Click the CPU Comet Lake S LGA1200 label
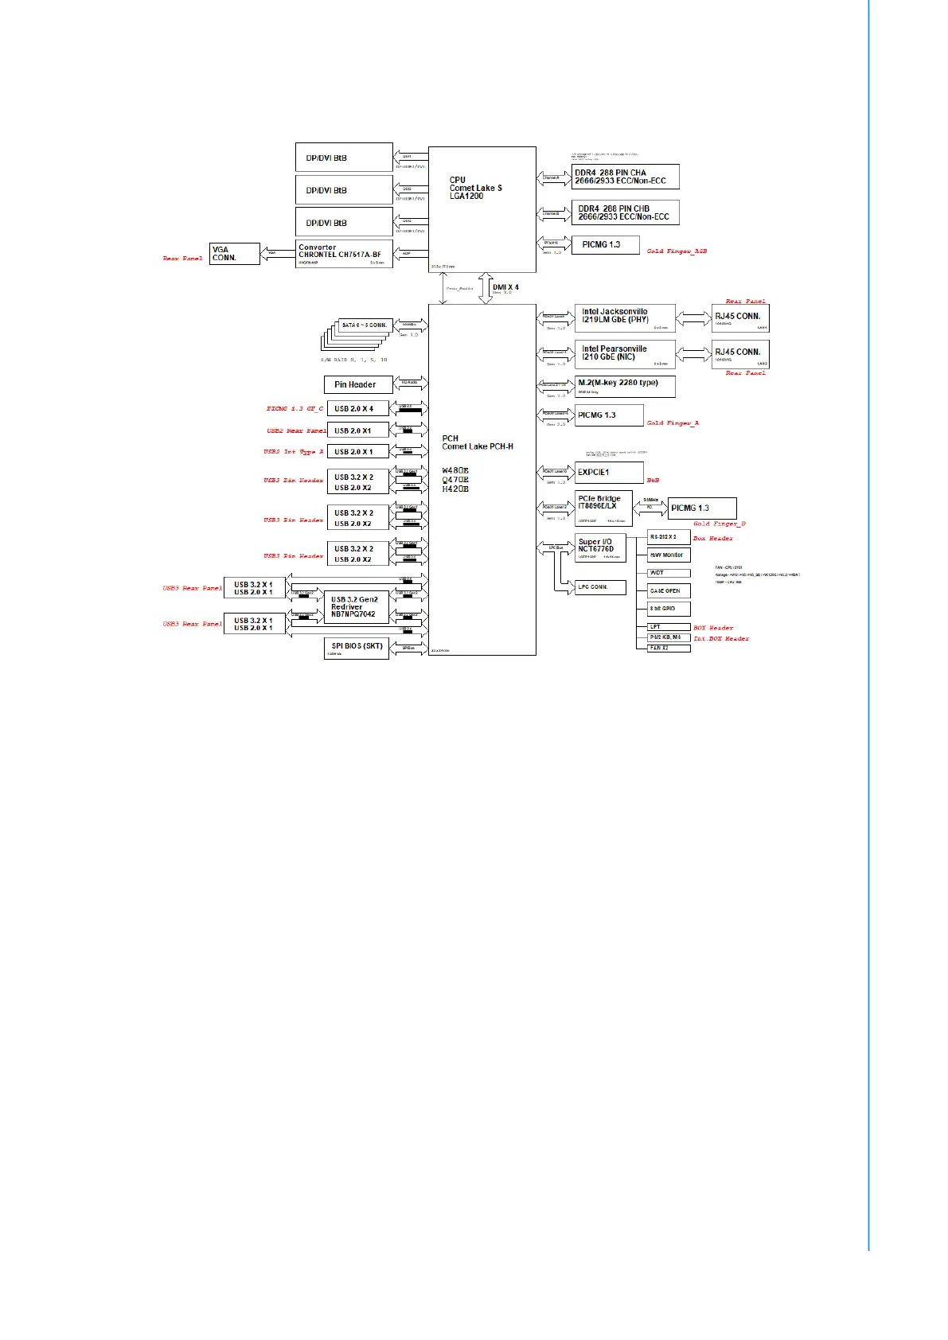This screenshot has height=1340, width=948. click(475, 188)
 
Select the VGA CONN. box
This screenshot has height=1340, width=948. click(235, 254)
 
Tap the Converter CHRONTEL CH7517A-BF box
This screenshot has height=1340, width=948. click(345, 254)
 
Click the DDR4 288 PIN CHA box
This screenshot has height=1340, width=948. click(626, 177)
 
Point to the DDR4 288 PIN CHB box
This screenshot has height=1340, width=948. click(626, 212)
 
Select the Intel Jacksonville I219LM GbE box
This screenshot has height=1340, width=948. click(625, 317)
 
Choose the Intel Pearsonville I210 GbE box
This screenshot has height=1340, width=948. click(625, 354)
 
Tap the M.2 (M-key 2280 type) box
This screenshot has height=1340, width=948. click(625, 386)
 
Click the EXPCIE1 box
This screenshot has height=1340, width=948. click(609, 473)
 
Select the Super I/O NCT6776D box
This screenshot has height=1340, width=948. click(600, 548)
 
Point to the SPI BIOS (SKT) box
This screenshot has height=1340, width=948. click(357, 648)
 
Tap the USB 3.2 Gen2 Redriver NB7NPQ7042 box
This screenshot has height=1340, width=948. click(357, 607)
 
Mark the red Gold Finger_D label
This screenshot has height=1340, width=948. click(720, 524)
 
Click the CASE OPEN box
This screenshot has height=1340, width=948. click(669, 591)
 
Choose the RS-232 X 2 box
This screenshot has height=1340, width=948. click(669, 537)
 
